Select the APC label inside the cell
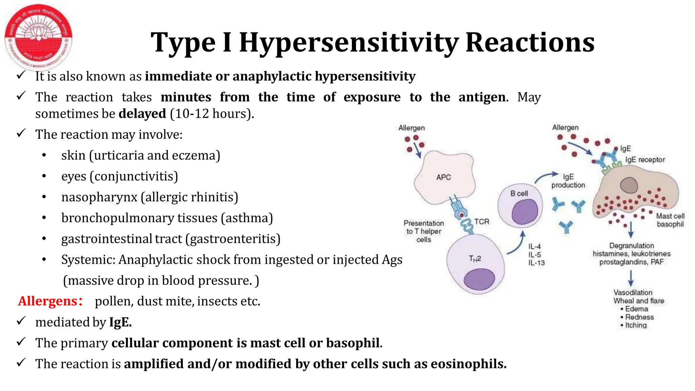tap(444, 178)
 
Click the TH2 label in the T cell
tap(475, 259)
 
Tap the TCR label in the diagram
tap(482, 222)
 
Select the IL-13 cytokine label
tap(536, 263)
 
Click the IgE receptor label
tap(645, 160)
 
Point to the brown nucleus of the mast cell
tap(629, 185)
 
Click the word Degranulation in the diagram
tap(631, 246)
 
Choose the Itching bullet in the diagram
tap(636, 325)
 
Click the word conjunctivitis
tap(134, 176)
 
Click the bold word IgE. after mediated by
tap(120, 322)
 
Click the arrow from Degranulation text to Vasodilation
tap(631, 278)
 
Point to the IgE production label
tap(568, 181)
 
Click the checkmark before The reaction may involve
tap(21, 133)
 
